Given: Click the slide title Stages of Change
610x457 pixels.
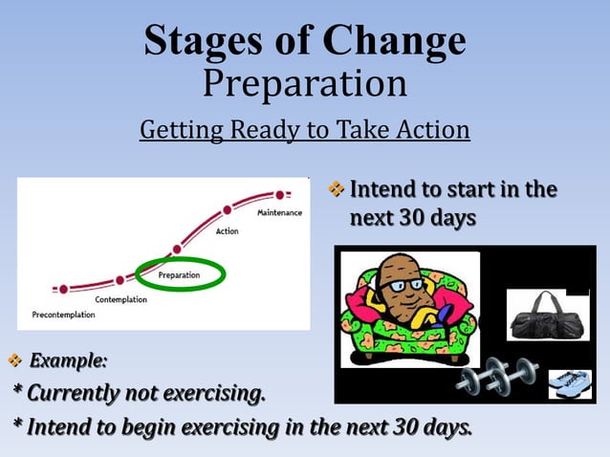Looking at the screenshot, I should pyautogui.click(x=305, y=40).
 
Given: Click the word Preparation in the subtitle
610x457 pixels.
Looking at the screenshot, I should pyautogui.click(x=305, y=84).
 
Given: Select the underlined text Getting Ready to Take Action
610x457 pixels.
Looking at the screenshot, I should pyautogui.click(x=305, y=128).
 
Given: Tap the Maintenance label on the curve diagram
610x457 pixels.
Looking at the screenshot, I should pyautogui.click(x=279, y=212).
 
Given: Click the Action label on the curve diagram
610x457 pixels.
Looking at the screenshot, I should pyautogui.click(x=228, y=231).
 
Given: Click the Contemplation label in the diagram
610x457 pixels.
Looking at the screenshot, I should pyautogui.click(x=121, y=299).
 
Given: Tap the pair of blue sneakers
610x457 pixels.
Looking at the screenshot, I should pyautogui.click(x=570, y=383).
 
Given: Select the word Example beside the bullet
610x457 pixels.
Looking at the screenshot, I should pyautogui.click(x=68, y=361).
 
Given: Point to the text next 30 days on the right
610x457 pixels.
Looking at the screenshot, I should pyautogui.click(x=412, y=218).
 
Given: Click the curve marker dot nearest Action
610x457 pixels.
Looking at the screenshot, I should pyautogui.click(x=227, y=210).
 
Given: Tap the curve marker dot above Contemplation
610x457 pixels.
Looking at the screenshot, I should pyautogui.click(x=120, y=280).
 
